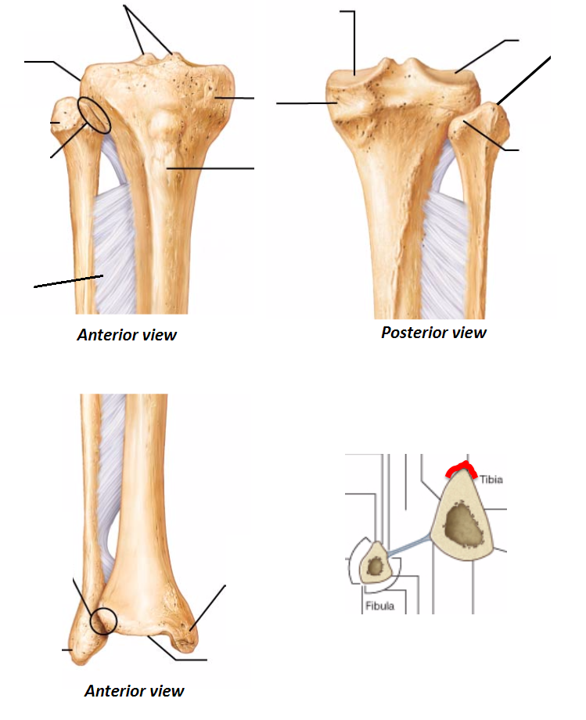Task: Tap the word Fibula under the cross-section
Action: click(379, 606)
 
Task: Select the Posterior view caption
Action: click(433, 333)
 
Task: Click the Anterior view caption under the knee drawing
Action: click(127, 335)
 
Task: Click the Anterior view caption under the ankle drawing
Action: click(135, 691)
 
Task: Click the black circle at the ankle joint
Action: click(103, 621)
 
